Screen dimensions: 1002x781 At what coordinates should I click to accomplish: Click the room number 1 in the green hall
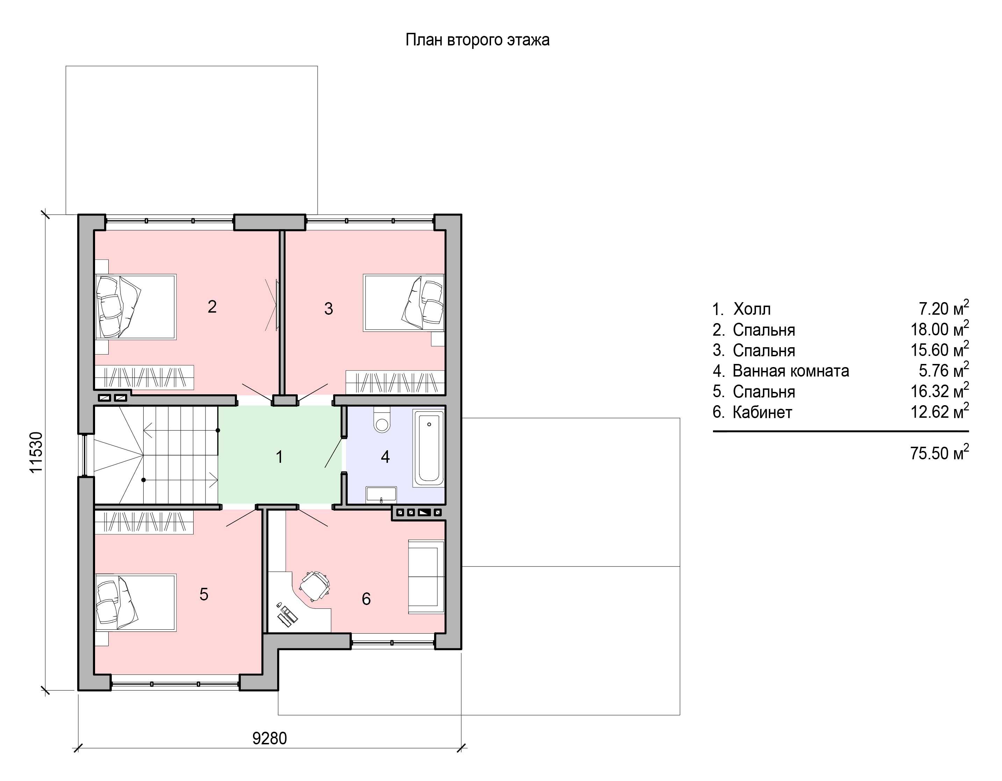[x=279, y=457]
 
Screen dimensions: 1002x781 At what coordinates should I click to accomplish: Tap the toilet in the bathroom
[x=382, y=419]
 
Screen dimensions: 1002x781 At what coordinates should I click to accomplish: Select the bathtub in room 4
[x=429, y=448]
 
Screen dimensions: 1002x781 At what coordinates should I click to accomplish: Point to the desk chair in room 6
[x=315, y=586]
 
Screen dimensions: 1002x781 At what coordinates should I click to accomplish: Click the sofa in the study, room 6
[x=426, y=576]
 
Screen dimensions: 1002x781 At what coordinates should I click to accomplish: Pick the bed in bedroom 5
[x=135, y=603]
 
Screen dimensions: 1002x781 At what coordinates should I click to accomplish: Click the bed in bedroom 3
[x=404, y=303]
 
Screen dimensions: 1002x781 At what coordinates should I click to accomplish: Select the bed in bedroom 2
[x=135, y=307]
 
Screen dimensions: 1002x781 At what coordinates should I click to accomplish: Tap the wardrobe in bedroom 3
[x=395, y=382]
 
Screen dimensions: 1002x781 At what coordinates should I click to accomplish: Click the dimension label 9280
[x=270, y=738]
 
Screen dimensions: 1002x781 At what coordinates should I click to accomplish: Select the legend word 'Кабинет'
[x=762, y=412]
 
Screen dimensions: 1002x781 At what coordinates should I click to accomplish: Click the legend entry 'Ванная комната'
[x=791, y=371]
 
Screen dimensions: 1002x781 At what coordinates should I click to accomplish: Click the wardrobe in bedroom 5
[x=144, y=522]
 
